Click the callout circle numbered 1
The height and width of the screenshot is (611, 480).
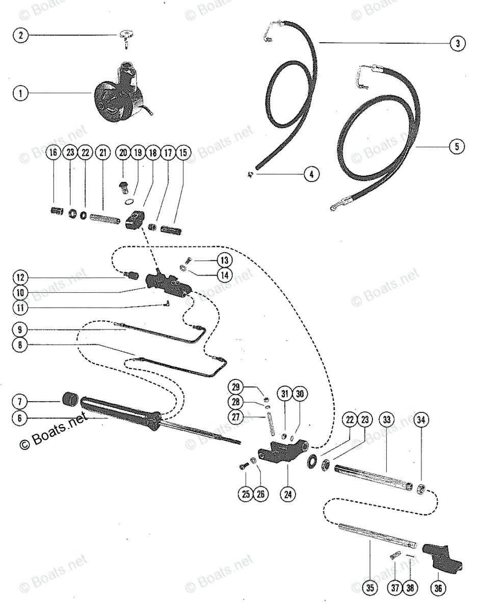point(21,94)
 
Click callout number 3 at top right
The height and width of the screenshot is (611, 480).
point(457,44)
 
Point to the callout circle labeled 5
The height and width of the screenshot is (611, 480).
point(457,147)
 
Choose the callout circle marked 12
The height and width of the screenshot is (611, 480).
point(21,277)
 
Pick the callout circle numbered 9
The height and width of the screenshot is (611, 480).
point(21,329)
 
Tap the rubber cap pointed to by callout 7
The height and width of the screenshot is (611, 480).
point(72,399)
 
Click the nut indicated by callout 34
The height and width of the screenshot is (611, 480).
point(421,489)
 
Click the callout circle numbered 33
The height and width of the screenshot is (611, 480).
point(387,420)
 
